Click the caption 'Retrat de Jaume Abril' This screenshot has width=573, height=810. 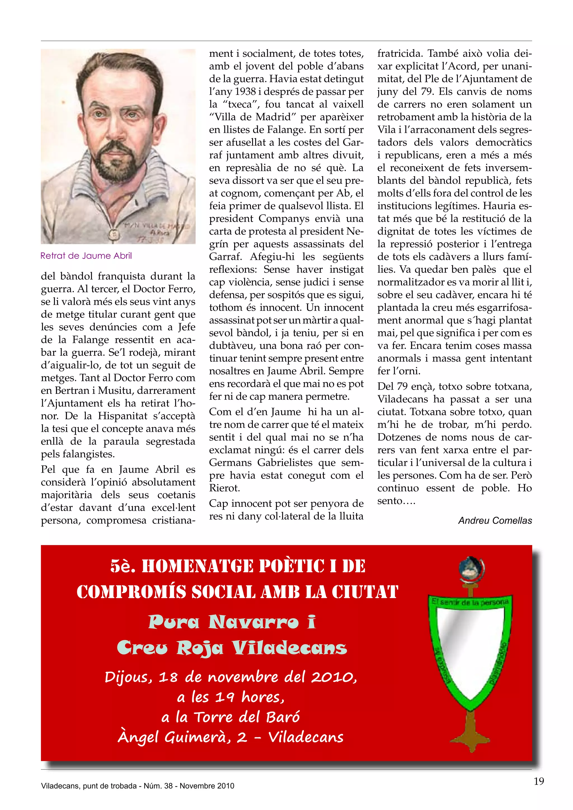click(x=86, y=256)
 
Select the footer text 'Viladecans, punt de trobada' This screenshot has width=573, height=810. click(x=89, y=786)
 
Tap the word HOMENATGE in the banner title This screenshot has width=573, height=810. click(x=197, y=566)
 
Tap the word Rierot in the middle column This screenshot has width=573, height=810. click(x=224, y=488)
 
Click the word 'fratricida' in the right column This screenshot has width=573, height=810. click(x=400, y=54)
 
